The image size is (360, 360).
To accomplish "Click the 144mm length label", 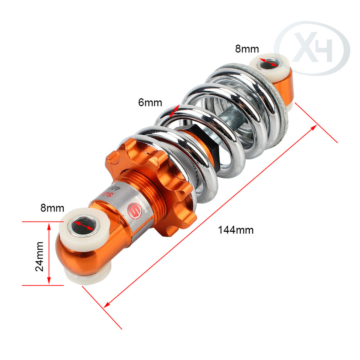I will point(236,230).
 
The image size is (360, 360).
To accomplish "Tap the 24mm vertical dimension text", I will point(39,256).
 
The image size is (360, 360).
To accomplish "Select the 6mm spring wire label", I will point(150,102).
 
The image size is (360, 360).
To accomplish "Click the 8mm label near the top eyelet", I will point(247,49).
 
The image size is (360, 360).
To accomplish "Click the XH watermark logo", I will point(312,48).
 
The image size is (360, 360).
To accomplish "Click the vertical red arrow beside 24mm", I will point(49,253).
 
